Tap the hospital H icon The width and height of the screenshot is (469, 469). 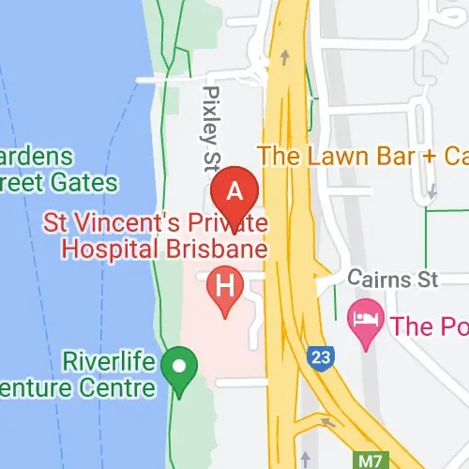(x=225, y=283)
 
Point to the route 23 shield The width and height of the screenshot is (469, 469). (x=319, y=356)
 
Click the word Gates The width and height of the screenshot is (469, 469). (x=88, y=181)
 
